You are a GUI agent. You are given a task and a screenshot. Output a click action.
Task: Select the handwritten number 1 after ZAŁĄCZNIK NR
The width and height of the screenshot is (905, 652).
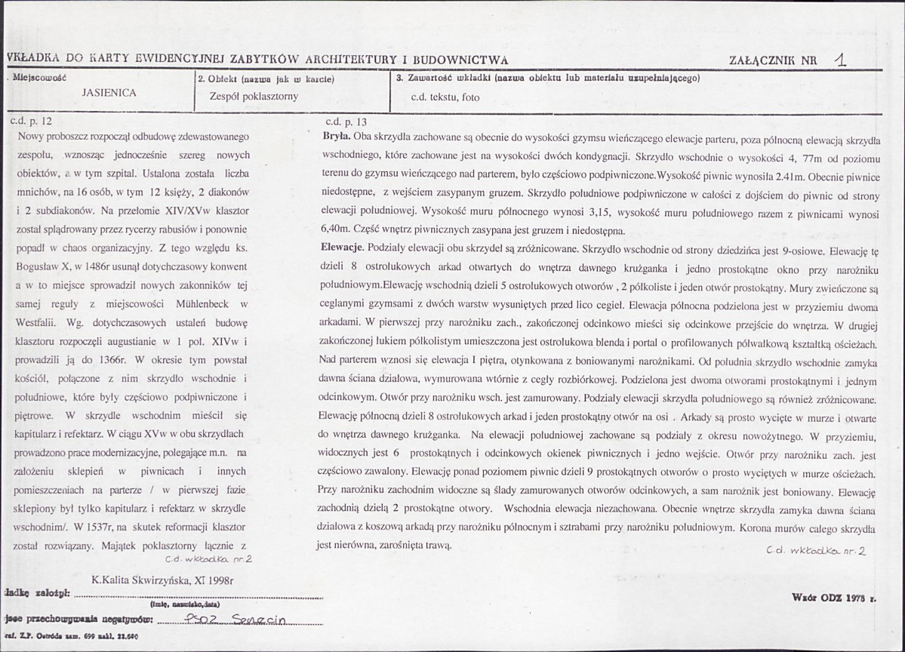[840, 60]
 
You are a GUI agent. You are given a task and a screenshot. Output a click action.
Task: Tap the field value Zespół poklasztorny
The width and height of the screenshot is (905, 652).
[255, 96]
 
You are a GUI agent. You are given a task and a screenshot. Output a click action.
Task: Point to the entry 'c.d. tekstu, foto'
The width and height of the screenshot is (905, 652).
[445, 97]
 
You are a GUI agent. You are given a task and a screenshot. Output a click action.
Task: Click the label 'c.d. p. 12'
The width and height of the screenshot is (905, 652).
[31, 120]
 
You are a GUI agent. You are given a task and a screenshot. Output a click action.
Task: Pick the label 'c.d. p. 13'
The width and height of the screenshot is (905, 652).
[346, 121]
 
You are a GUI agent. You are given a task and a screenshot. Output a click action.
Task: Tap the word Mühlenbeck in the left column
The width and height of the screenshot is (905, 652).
[198, 303]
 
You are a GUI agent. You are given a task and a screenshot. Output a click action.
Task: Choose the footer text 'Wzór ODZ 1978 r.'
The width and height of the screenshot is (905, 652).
[836, 597]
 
